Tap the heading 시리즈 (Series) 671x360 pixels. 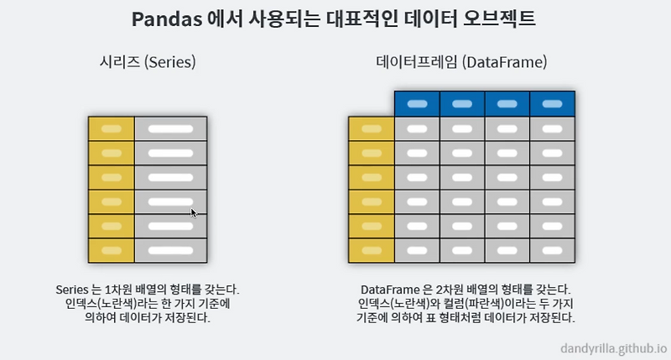pyautogui.click(x=147, y=63)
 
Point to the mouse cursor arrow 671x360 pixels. pyautogui.click(x=194, y=212)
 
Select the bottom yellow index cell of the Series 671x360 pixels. pyautogui.click(x=112, y=251)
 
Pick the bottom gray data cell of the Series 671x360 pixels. pyautogui.click(x=171, y=251)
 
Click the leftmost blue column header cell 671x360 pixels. pyautogui.click(x=417, y=104)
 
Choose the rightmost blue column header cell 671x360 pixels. pyautogui.click(x=552, y=104)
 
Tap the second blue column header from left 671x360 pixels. pyautogui.click(x=462, y=104)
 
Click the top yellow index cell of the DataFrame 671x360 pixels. pyautogui.click(x=371, y=129)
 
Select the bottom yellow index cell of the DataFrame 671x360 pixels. pyautogui.click(x=371, y=251)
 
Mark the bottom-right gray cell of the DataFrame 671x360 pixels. pyautogui.click(x=552, y=251)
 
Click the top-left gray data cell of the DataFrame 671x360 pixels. pyautogui.click(x=417, y=129)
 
